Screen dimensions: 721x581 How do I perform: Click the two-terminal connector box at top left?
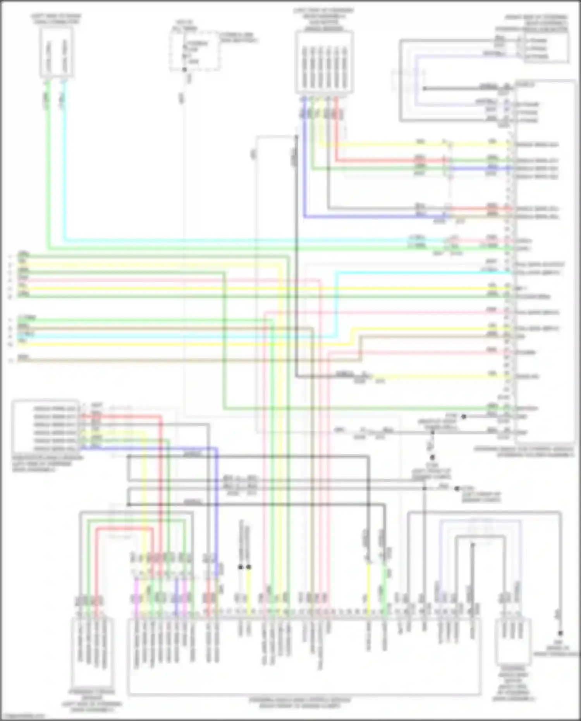[x=57, y=52]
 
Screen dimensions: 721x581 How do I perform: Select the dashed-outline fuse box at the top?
[x=195, y=51]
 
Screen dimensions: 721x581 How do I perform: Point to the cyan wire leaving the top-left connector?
[x=64, y=155]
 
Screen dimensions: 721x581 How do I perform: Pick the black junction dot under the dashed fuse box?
[x=184, y=70]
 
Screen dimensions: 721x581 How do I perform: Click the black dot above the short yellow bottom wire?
[x=249, y=567]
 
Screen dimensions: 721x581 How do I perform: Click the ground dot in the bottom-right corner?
[x=560, y=633]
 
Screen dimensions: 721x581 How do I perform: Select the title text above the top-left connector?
[x=57, y=19]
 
